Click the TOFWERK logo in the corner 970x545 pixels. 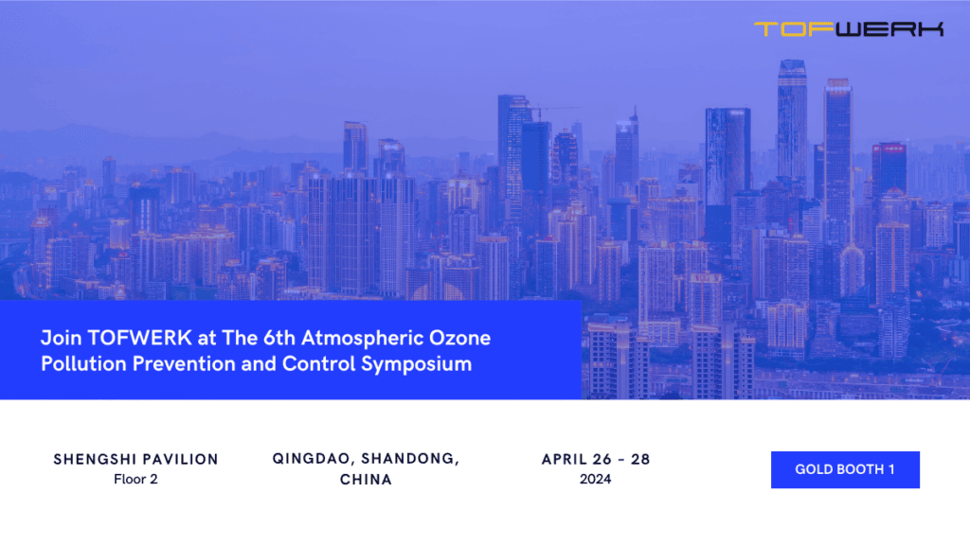pyautogui.click(x=849, y=29)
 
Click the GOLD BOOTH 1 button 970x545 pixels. pyautogui.click(x=845, y=469)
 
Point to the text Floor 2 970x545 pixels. pyautogui.click(x=135, y=479)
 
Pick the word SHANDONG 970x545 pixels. pyautogui.click(x=409, y=459)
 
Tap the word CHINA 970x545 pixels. pyautogui.click(x=366, y=480)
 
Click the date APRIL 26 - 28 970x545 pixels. pyautogui.click(x=596, y=459)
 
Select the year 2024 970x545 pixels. pyautogui.click(x=596, y=479)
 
